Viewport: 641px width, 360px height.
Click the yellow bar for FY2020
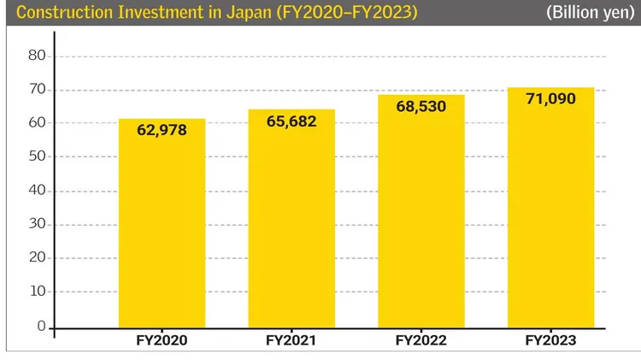(x=162, y=231)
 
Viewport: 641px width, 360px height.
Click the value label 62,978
(x=162, y=130)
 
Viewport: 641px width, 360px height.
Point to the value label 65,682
(x=291, y=121)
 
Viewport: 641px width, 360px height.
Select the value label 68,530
(x=420, y=107)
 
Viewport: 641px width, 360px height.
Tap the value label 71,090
(x=550, y=98)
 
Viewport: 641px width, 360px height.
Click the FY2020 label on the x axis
(x=162, y=340)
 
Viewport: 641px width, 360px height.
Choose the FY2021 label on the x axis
(x=291, y=340)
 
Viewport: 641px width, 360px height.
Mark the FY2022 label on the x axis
(x=420, y=340)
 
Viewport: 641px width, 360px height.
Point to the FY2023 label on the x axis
(x=550, y=340)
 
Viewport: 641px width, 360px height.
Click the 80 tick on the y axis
(x=36, y=56)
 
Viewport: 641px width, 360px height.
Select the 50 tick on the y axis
(x=36, y=156)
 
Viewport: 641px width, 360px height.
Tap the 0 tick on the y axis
(x=40, y=326)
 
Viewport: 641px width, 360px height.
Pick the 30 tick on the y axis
(x=36, y=224)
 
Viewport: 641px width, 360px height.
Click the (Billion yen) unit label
(x=589, y=14)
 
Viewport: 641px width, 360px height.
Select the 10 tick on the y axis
(x=36, y=292)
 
